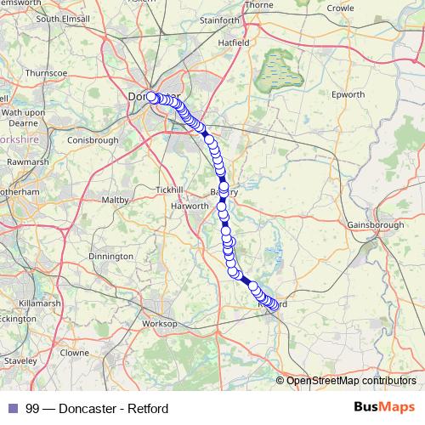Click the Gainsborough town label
click(376, 224)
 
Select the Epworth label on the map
click(348, 94)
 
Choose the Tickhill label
click(168, 189)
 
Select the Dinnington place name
click(110, 256)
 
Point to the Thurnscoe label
click(46, 74)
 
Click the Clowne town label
click(74, 352)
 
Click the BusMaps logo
click(383, 408)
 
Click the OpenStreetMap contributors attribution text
click(350, 381)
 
